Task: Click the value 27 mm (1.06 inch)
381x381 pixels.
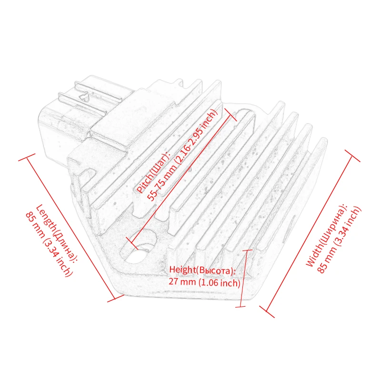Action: coord(204,281)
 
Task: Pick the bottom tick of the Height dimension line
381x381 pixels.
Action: coord(241,307)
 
